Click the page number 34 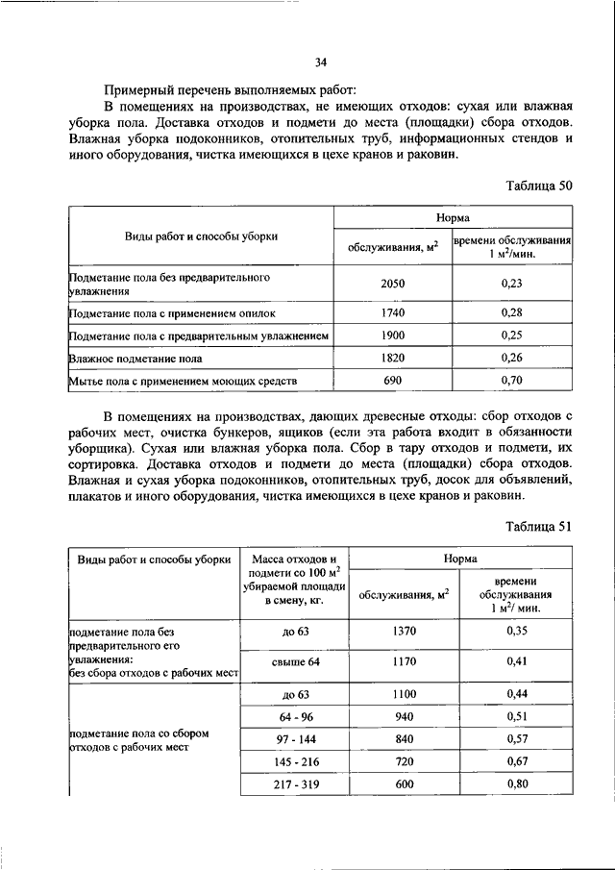point(321,62)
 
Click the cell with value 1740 point(392,313)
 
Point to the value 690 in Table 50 point(392,382)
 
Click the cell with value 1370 point(405,631)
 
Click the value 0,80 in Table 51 point(517,784)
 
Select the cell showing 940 point(405,715)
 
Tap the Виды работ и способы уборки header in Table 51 point(154,558)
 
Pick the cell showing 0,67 point(517,762)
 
